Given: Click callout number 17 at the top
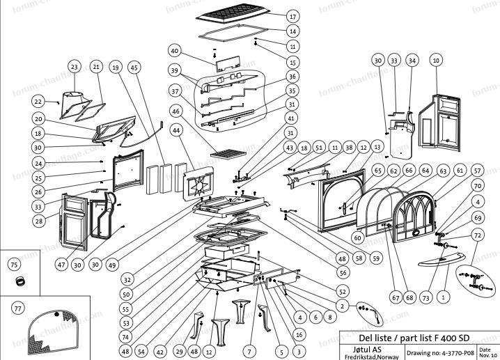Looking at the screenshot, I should point(292,16).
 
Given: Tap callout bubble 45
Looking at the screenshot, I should point(134,67).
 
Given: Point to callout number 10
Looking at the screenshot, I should point(436,61).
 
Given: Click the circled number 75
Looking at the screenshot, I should point(13,265).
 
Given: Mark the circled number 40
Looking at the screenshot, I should point(174,51).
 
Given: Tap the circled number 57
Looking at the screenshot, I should point(477,171).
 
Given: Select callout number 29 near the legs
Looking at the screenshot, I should point(180,352).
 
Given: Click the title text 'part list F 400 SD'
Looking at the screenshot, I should point(421,337).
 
